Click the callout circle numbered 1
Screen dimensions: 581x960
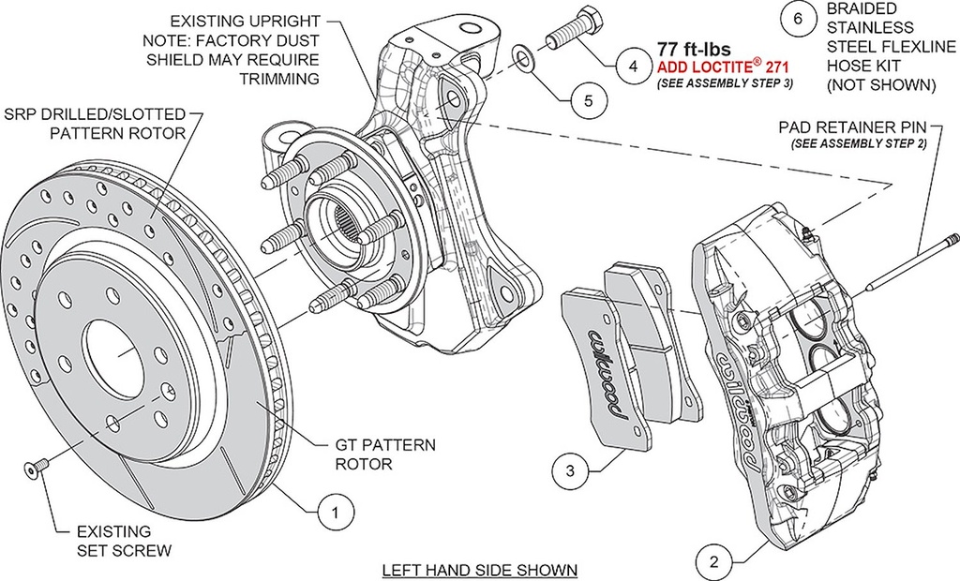pos(336,512)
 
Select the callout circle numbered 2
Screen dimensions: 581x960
pos(714,562)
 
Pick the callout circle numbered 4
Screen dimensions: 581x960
pos(633,67)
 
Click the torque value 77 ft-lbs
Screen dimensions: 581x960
pos(693,49)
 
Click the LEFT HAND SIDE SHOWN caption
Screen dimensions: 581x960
pos(479,570)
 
